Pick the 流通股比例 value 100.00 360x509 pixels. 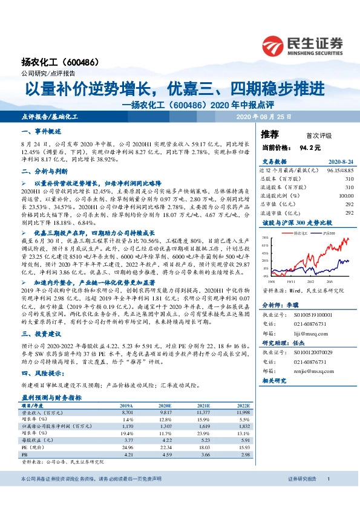[345, 196]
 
